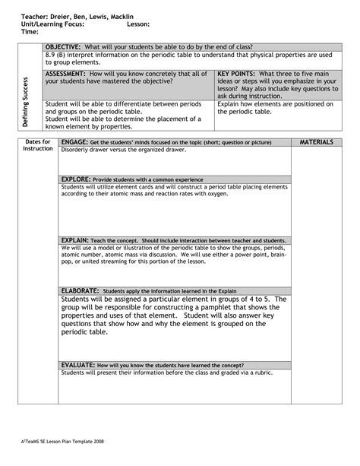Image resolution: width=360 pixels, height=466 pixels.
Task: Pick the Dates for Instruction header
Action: (x=38, y=145)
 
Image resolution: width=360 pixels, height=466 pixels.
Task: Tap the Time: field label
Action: (x=30, y=32)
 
